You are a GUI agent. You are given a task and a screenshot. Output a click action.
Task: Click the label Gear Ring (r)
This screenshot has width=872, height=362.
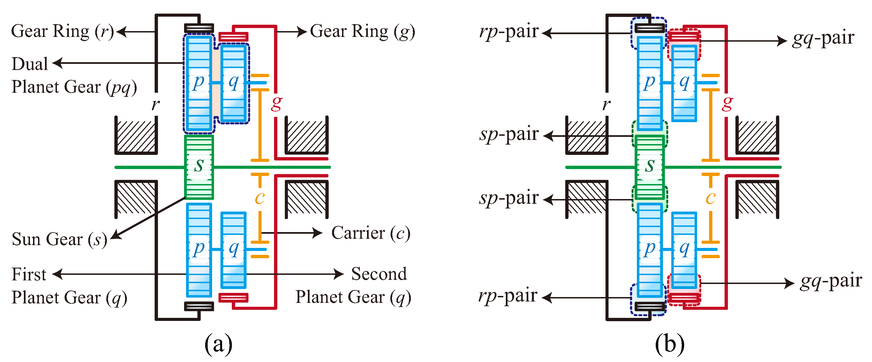coord(63,31)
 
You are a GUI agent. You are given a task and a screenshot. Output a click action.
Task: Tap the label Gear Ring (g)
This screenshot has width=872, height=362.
coord(362,31)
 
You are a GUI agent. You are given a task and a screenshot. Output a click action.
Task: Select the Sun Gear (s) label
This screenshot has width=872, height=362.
coord(59,239)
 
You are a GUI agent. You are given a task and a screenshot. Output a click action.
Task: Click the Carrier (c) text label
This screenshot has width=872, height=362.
coord(371,233)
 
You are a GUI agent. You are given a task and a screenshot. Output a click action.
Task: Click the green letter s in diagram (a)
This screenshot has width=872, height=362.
coord(199,165)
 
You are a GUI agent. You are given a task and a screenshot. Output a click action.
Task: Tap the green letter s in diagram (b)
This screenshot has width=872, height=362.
coord(649,165)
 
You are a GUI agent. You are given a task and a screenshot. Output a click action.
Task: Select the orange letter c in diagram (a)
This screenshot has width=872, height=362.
coord(260,198)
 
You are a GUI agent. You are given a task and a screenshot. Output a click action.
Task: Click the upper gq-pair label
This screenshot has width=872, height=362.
coord(823,38)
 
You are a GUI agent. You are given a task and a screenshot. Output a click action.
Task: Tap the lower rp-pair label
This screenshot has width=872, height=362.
coord(508,296)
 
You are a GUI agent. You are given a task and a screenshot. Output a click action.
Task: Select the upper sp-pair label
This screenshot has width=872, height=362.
coord(508,134)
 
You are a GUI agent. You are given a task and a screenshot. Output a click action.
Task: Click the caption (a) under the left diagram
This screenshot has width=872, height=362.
coord(218,344)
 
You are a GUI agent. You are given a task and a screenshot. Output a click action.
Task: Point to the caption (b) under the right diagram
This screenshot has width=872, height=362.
coord(669,344)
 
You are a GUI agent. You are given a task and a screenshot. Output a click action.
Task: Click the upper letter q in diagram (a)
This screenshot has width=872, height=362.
coord(233,82)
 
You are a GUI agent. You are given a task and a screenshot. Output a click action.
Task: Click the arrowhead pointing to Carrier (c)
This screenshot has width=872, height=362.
coord(318,233)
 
